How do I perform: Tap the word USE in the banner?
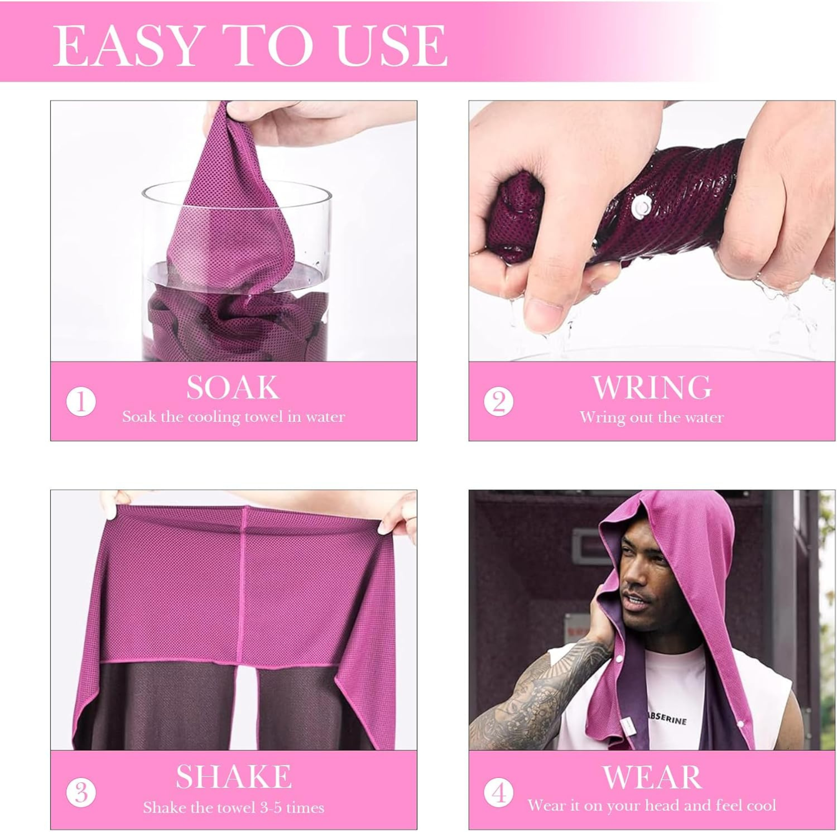pyautogui.click(x=392, y=46)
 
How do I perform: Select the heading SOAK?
pyautogui.click(x=233, y=387)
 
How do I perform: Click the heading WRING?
pyautogui.click(x=652, y=387)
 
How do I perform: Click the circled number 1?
pyautogui.click(x=81, y=402)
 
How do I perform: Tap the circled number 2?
pyautogui.click(x=499, y=402)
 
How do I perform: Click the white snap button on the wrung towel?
pyautogui.click(x=641, y=205)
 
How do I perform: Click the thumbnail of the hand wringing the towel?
pyautogui.click(x=652, y=231)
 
